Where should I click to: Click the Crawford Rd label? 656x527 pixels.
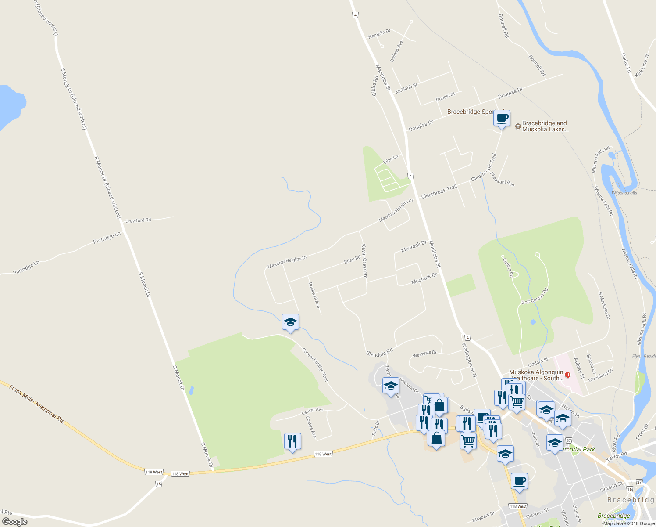(x=138, y=220)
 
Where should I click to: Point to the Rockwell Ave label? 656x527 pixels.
(x=314, y=295)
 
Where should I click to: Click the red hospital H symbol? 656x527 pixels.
(x=568, y=375)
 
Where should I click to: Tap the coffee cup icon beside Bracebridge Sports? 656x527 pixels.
(x=502, y=118)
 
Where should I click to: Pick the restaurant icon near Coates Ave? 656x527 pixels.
(x=292, y=441)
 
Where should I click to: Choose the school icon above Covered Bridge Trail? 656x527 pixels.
(x=290, y=322)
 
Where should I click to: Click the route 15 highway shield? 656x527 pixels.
(x=158, y=484)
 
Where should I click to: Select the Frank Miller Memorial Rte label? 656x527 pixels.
(x=37, y=404)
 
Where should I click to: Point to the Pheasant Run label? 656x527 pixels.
(x=502, y=179)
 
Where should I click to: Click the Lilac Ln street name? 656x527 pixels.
(x=391, y=159)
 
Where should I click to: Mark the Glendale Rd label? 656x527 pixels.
(x=379, y=352)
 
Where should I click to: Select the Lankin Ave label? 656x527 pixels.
(x=312, y=411)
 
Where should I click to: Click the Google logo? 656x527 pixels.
(x=15, y=521)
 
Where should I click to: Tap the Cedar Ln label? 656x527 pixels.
(x=626, y=63)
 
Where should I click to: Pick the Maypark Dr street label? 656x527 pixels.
(x=483, y=517)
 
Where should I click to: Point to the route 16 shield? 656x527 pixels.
(x=630, y=489)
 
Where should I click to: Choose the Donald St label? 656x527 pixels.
(x=445, y=97)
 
